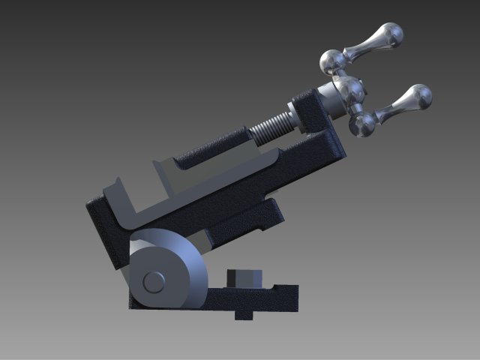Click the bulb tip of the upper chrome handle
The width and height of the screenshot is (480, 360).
(389, 34)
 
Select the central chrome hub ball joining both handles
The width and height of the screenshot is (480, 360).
(349, 90)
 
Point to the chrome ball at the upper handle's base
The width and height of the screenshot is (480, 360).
(332, 61)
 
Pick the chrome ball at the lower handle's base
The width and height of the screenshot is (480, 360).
(363, 124)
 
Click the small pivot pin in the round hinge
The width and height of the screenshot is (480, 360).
(154, 282)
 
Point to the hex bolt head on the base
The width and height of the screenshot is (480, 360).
(245, 277)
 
